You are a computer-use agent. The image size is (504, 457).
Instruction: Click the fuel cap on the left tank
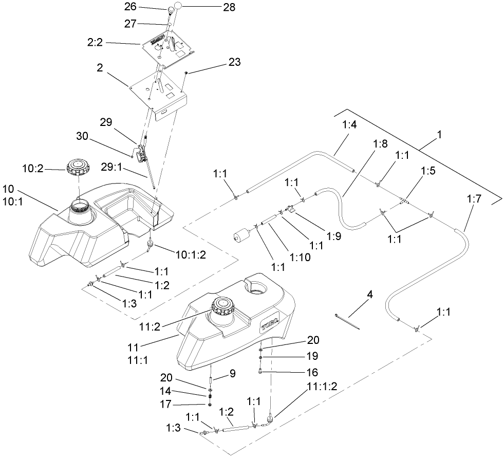pos(78,167)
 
